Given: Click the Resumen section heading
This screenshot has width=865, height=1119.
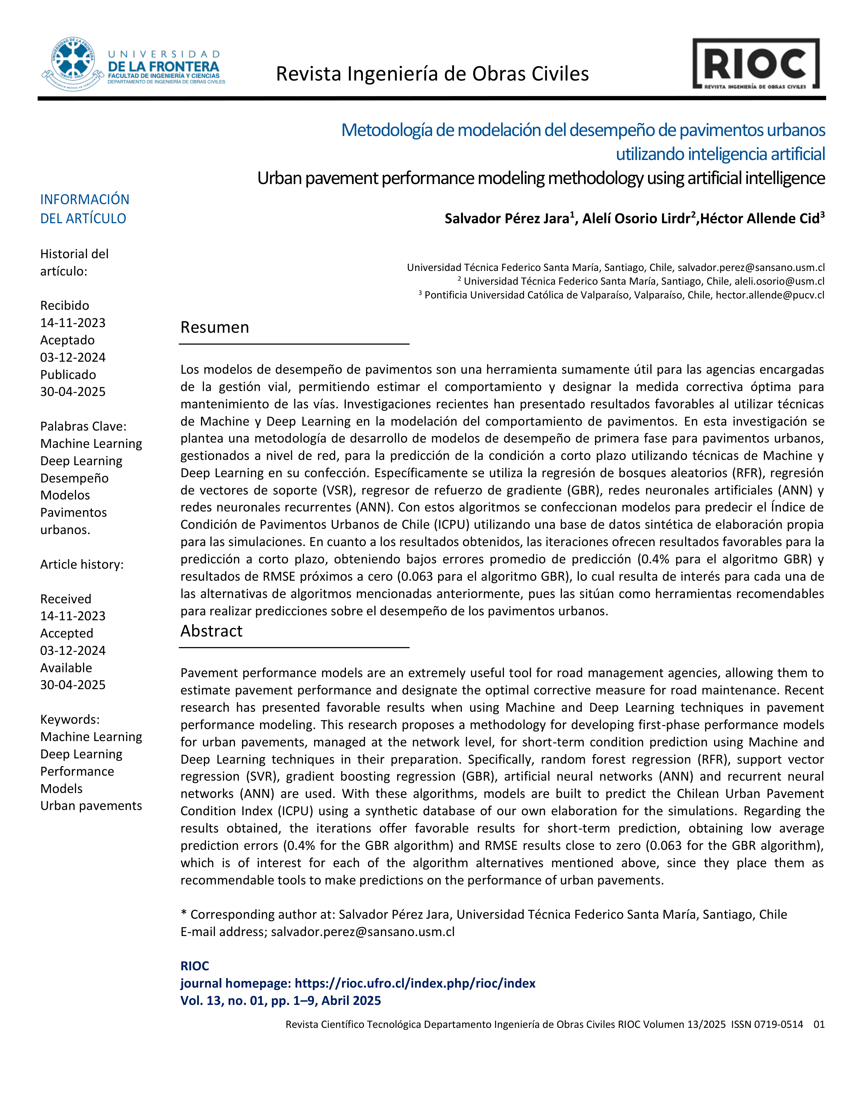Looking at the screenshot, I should click(215, 327).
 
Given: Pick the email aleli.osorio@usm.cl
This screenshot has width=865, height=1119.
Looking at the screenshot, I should click(779, 281).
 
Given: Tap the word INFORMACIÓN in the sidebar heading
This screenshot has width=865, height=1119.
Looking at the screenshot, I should click(84, 199).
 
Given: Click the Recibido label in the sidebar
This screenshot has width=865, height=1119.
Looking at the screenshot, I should click(65, 306).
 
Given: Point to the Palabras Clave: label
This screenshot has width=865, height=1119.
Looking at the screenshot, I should click(83, 426).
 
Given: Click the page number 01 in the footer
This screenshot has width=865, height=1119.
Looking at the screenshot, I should click(819, 1024).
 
